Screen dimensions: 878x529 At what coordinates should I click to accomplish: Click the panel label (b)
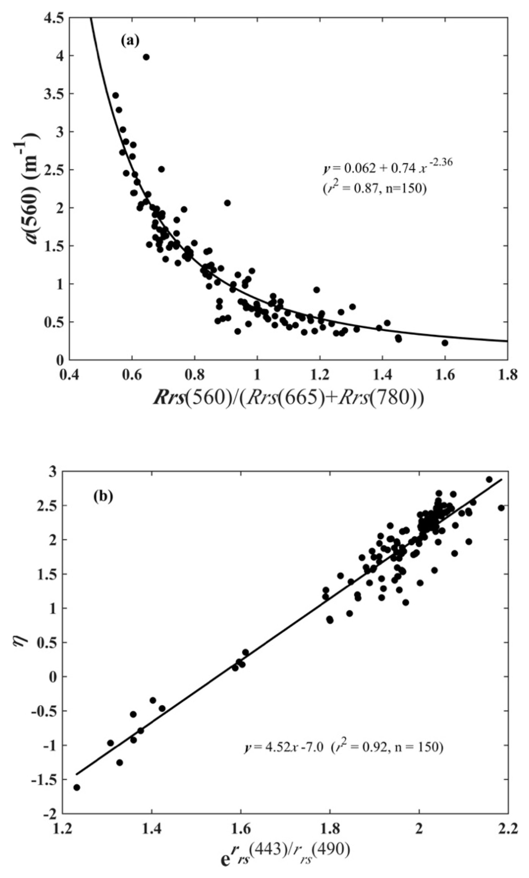[103, 496]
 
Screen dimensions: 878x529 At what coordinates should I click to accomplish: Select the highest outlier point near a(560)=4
[146, 57]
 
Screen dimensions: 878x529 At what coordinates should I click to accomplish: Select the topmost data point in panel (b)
[489, 479]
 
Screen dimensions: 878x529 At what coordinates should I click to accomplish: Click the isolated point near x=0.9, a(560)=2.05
[227, 203]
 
